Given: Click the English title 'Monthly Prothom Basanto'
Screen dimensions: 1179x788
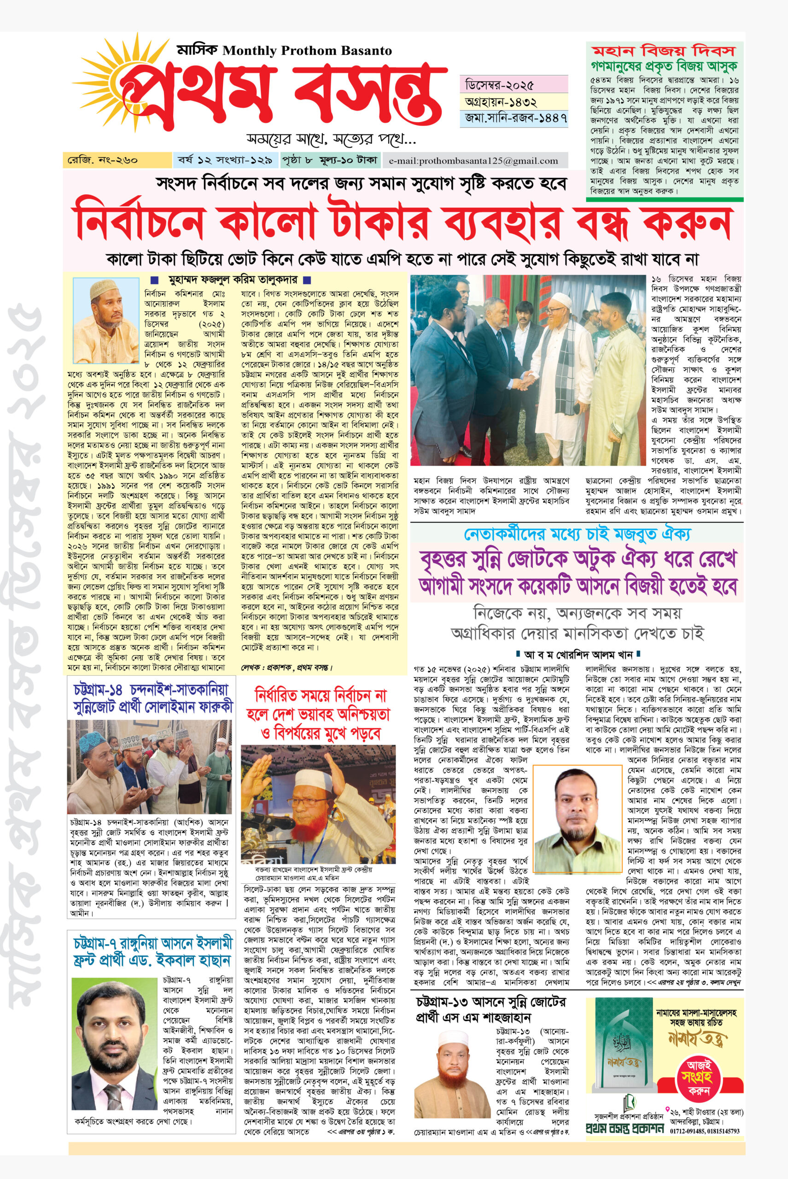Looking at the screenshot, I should pyautogui.click(x=307, y=50).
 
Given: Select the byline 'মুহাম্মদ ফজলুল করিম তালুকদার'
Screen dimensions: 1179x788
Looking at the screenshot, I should pyautogui.click(x=232, y=280).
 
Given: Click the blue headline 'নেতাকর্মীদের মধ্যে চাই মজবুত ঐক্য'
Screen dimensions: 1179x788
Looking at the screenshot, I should pyautogui.click(x=577, y=534).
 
